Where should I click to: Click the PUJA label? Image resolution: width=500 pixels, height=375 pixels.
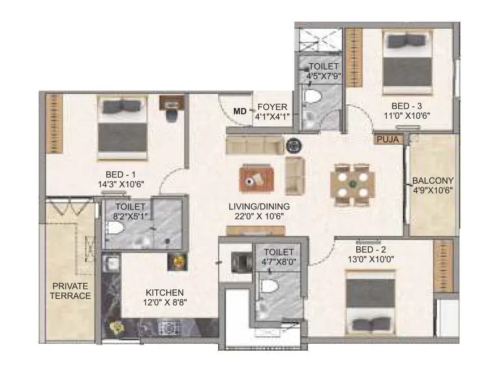point(387,139)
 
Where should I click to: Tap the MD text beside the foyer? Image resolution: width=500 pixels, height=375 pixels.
point(239,112)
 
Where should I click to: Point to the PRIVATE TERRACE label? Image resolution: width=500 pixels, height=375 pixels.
point(71,291)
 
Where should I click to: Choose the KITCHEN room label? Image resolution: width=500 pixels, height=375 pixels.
point(164,292)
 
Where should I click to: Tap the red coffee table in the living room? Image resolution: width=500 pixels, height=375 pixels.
point(254,180)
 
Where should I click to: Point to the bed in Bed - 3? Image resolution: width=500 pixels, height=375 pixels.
point(410,61)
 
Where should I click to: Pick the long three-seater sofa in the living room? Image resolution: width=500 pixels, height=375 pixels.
point(254,146)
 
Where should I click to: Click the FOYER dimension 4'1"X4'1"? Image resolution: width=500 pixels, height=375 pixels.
point(272,117)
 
